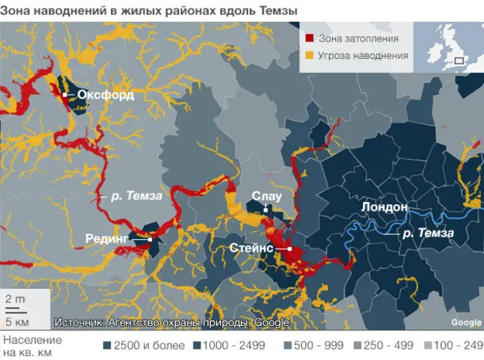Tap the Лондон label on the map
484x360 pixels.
click(384, 206)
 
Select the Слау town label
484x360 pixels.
click(266, 197)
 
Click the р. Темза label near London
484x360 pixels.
click(427, 233)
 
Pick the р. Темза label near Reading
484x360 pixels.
click(136, 196)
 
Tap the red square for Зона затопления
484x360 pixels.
click(309, 39)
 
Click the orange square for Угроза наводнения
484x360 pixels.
click(309, 55)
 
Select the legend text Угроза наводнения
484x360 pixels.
click(363, 55)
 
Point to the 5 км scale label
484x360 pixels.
click(17, 322)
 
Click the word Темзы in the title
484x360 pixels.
click(272, 11)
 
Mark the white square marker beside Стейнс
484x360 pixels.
click(290, 248)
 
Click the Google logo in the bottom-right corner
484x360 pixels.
click(466, 323)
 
